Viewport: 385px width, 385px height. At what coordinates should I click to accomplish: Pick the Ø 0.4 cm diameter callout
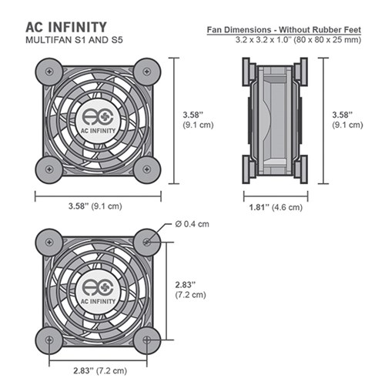coord(192,224)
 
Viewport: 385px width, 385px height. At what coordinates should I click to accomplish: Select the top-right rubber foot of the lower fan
coord(146,243)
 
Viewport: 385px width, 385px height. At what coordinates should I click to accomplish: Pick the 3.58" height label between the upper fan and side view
coord(192,119)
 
